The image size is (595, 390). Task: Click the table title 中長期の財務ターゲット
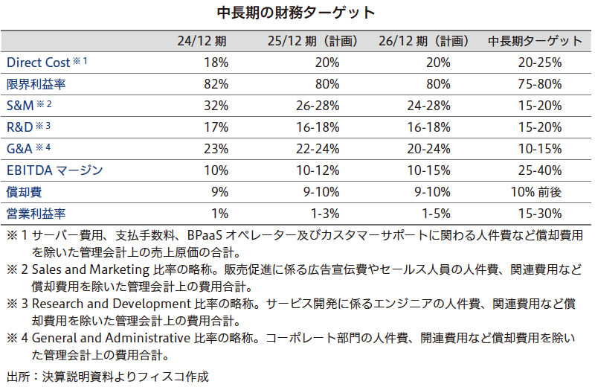click(x=297, y=13)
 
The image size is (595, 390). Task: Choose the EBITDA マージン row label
click(x=54, y=170)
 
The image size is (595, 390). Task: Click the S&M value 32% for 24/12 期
click(x=215, y=106)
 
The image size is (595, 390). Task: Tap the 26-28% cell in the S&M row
click(x=321, y=106)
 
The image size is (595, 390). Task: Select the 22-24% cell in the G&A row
click(x=321, y=149)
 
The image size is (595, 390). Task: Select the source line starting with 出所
click(x=107, y=377)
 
